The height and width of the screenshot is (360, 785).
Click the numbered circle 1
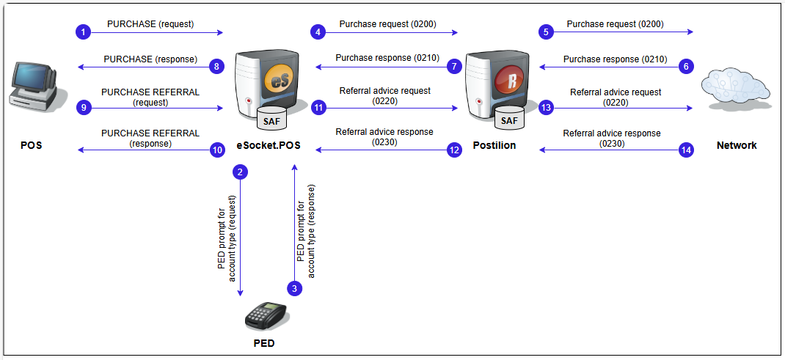pyautogui.click(x=84, y=32)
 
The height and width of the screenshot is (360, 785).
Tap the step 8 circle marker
pyautogui.click(x=216, y=67)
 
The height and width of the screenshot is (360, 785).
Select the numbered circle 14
pyautogui.click(x=686, y=150)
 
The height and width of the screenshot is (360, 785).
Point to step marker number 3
pyautogui.click(x=294, y=288)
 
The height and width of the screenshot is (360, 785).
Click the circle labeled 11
pyautogui.click(x=318, y=107)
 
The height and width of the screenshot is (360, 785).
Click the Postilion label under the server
pyautogui.click(x=493, y=145)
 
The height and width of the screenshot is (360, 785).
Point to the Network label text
pyautogui.click(x=736, y=145)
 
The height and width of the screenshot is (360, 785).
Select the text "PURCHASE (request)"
pyautogui.click(x=150, y=24)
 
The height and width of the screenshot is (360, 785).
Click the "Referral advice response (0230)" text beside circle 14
pyautogui.click(x=612, y=139)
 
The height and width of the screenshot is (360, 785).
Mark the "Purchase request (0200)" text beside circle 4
pyautogui.click(x=387, y=24)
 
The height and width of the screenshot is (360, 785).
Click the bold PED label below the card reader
pyautogui.click(x=264, y=343)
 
